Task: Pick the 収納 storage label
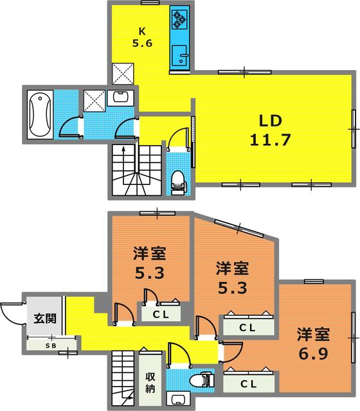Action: click(x=150, y=381)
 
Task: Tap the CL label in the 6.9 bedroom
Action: click(x=249, y=383)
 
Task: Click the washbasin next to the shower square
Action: click(x=120, y=98)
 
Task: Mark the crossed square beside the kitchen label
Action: click(x=122, y=73)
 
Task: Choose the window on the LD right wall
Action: click(x=353, y=128)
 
